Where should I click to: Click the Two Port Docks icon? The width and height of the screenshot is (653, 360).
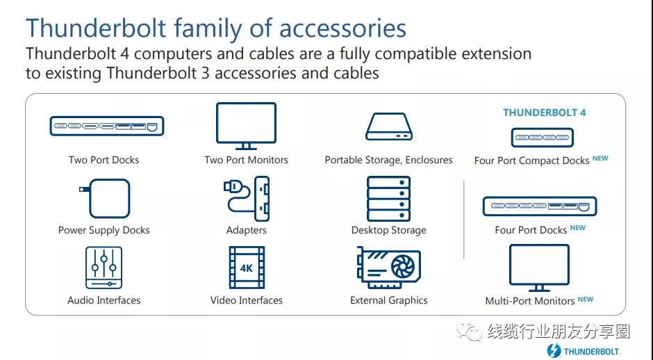(x=106, y=126)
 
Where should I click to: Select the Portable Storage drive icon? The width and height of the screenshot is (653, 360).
(x=389, y=126)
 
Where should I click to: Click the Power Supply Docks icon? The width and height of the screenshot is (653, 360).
(x=104, y=198)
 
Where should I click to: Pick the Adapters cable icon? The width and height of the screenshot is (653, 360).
(x=247, y=198)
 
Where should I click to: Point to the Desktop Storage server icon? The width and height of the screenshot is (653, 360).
(x=388, y=199)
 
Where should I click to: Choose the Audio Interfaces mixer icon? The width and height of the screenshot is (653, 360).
(x=104, y=268)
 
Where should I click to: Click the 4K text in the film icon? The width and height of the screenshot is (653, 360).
(x=246, y=268)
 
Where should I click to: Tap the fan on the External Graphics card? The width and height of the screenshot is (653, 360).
(x=403, y=266)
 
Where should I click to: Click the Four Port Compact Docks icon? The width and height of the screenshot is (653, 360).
(x=543, y=138)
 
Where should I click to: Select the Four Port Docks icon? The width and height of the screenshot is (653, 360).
(x=540, y=206)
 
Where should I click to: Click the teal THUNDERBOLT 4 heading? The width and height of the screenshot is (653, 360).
(x=545, y=113)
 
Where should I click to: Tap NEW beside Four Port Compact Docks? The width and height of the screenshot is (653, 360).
(x=600, y=158)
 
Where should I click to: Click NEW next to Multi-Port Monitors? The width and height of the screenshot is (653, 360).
(x=586, y=299)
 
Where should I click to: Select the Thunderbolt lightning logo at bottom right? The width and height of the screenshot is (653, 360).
(x=554, y=350)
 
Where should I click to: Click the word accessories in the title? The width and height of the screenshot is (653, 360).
(x=342, y=28)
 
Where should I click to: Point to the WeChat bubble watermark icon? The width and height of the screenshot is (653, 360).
(x=470, y=331)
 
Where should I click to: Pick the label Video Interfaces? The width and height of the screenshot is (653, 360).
(x=246, y=300)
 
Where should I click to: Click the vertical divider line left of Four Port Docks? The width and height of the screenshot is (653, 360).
(x=464, y=220)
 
